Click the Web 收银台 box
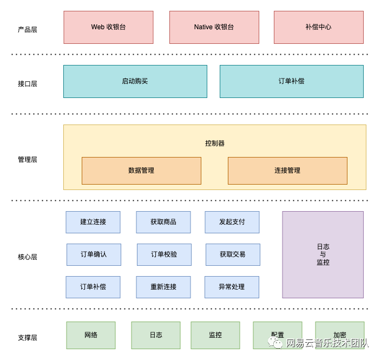click(108, 27)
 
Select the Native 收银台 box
click(214, 27)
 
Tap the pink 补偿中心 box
click(318, 27)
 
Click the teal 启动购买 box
click(135, 81)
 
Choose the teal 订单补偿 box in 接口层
click(291, 81)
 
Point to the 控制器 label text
click(214, 143)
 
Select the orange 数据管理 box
click(141, 171)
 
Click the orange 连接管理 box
click(287, 171)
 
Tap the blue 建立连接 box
click(93, 222)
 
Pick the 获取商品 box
click(163, 222)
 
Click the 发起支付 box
click(232, 222)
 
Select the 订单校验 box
click(164, 254)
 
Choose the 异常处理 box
click(232, 287)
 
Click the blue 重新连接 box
click(163, 287)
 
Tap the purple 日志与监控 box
click(323, 254)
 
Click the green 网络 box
click(91, 335)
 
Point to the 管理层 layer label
click(28, 160)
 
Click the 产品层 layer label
click(28, 30)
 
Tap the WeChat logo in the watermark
click(278, 343)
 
